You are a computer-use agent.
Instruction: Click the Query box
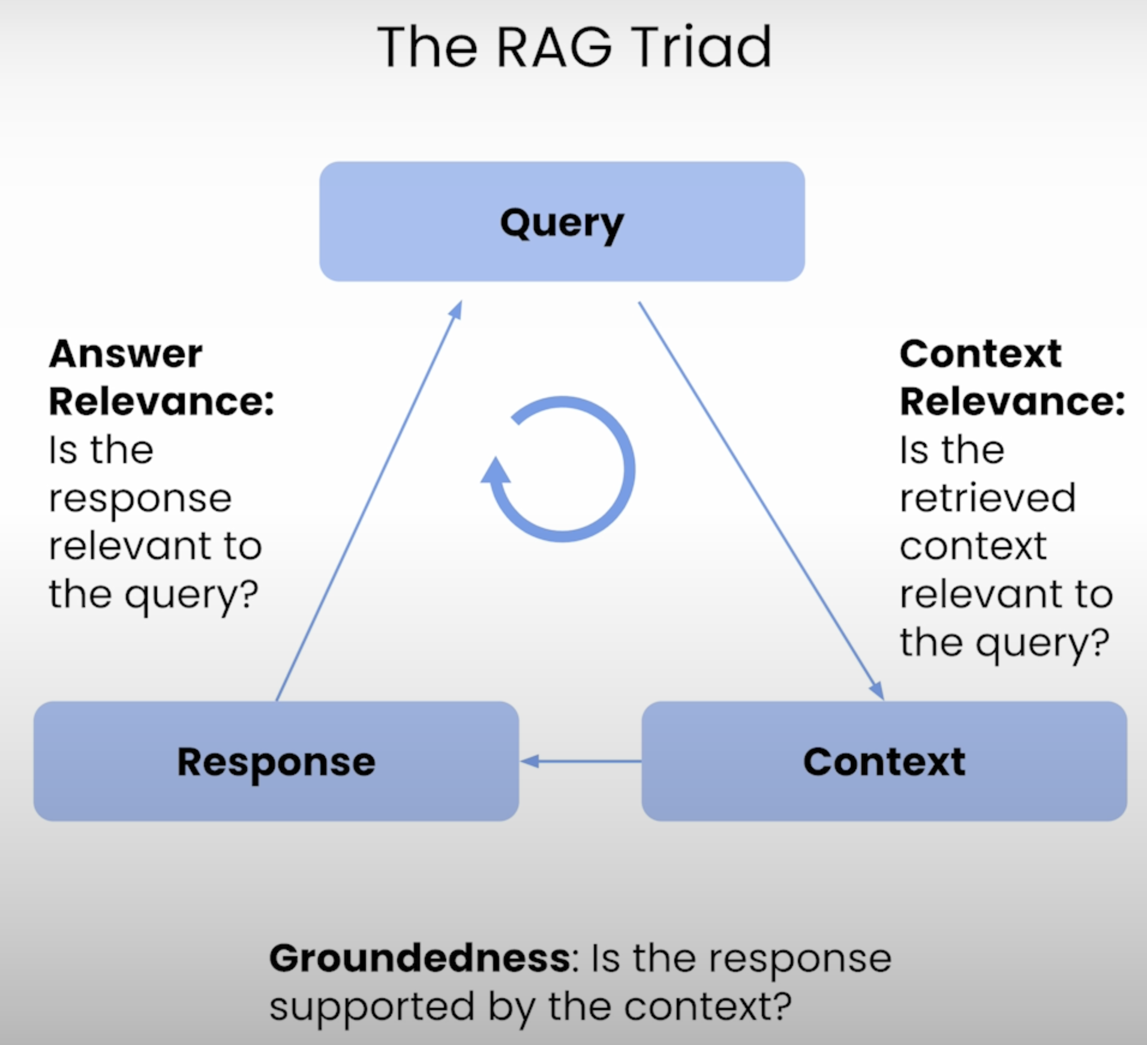562,221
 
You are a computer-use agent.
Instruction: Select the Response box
276,761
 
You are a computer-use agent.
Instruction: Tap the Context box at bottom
884,761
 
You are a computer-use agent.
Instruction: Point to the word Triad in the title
701,47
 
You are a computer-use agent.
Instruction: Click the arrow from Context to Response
581,761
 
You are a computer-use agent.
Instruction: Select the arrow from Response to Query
369,500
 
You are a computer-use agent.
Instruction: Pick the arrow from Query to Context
761,501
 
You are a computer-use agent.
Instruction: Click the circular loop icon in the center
563,469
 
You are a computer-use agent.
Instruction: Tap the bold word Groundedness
420,958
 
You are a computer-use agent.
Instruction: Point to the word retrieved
987,498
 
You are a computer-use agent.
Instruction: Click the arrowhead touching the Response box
529,761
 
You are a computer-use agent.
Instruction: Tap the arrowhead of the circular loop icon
496,470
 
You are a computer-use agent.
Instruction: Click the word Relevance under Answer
161,401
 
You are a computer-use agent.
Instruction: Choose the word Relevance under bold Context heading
1012,401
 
